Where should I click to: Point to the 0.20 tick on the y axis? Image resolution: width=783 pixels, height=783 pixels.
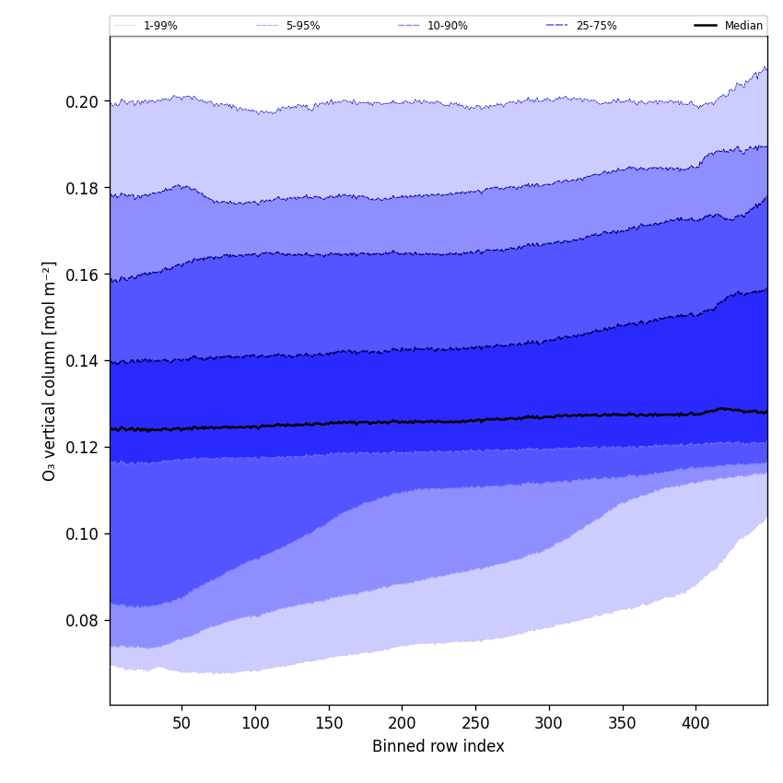83,101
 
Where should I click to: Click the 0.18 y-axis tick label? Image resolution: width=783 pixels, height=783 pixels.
83,188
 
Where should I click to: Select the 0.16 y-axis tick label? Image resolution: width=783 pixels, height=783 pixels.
83,275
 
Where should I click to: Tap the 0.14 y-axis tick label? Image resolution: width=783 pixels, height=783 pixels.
83,361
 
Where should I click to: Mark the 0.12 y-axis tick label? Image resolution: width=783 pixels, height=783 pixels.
83,448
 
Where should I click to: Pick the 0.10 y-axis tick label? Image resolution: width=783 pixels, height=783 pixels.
83,534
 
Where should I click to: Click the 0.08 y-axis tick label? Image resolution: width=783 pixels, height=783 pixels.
83,621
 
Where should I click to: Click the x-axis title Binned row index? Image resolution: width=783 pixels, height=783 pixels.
438,746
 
